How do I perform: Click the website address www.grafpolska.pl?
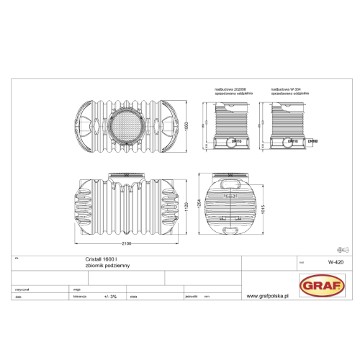(x=267, y=296)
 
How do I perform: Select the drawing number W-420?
(x=333, y=262)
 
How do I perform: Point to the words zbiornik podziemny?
(x=98, y=266)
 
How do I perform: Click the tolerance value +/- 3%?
(x=111, y=296)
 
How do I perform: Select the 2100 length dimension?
(x=127, y=243)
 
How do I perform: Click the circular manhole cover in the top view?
(x=126, y=127)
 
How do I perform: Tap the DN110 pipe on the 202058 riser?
(x=235, y=141)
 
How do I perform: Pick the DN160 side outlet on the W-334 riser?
(x=312, y=141)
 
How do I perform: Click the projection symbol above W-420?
(x=343, y=248)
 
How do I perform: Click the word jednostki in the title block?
(x=191, y=296)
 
